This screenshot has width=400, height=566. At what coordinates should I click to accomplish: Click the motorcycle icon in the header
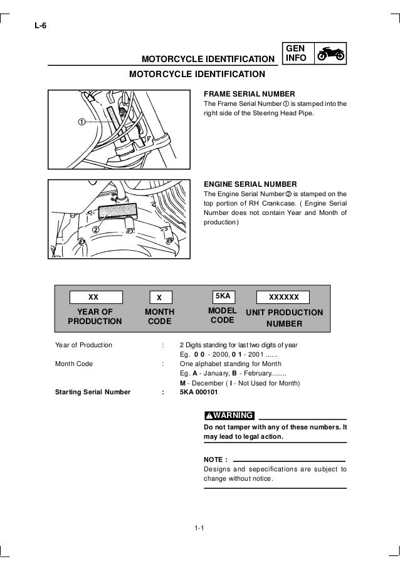(x=330, y=55)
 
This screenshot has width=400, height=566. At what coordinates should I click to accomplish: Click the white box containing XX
(x=93, y=296)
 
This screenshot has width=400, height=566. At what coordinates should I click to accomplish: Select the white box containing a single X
(x=159, y=297)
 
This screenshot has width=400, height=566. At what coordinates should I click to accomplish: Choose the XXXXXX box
(x=284, y=296)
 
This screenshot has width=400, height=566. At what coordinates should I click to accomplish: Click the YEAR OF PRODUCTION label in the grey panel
(x=95, y=317)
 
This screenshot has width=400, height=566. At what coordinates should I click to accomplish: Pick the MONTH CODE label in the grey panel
(x=159, y=317)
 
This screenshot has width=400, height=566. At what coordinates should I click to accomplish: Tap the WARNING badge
(x=229, y=415)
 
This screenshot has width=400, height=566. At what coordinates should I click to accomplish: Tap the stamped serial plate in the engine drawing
(x=117, y=211)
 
